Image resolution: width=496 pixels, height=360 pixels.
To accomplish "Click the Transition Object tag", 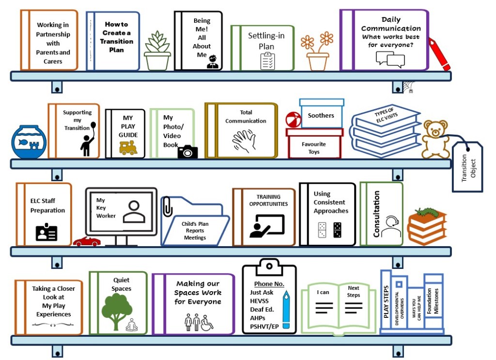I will coord(467,166).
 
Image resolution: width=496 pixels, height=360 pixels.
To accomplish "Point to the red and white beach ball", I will coord(294,119).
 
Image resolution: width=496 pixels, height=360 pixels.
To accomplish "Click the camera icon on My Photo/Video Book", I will coord(187,152).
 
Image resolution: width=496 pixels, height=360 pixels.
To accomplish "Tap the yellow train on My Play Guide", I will coord(128,148).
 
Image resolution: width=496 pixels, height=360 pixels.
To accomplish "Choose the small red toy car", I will coord(87,241).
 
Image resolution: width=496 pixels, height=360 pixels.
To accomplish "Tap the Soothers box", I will coord(321,114).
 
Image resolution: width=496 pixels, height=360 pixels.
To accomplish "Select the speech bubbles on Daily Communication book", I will coord(390,60).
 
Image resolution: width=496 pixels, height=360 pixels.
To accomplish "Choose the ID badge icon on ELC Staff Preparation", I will coord(46,233).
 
